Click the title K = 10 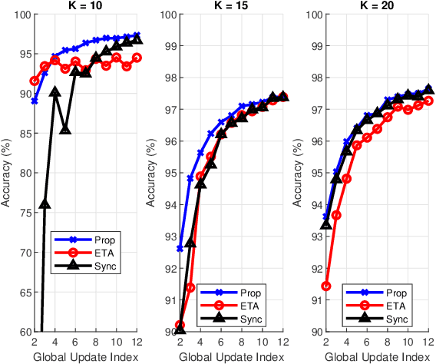(85, 6)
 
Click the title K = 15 (230, 6)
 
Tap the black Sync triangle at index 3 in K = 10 (45, 204)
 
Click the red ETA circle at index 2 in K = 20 (326, 286)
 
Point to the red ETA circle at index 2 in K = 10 (34, 81)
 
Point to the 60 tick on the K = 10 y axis (22, 332)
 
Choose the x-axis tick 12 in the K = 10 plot (137, 342)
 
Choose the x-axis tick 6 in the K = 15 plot (221, 342)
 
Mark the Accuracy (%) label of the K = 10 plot (7, 173)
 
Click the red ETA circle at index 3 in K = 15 (190, 287)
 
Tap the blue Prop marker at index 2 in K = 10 (34, 101)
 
